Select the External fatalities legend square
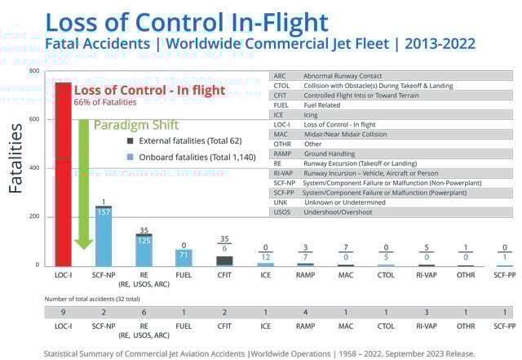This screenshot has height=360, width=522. click(x=119, y=140)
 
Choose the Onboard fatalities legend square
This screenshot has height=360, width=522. click(x=119, y=156)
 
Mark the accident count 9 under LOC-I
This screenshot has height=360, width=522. click(x=62, y=313)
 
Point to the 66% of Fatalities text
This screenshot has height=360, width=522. click(x=107, y=102)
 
